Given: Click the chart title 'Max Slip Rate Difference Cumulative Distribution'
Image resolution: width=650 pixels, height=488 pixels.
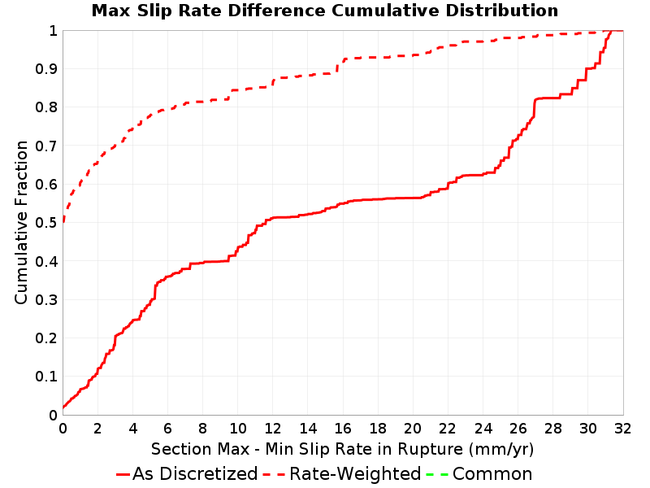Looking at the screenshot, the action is (325, 11).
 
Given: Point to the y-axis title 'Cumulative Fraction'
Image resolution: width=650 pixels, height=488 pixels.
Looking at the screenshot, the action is (21, 222).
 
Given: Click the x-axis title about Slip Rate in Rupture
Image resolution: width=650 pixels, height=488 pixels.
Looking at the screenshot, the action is (342, 450).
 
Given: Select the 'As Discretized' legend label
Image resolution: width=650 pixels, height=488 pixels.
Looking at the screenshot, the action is (195, 474).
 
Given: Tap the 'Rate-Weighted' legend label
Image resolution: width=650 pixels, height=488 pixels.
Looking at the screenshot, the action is (355, 474).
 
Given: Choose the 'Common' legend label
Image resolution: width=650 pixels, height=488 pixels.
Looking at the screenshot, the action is (492, 474).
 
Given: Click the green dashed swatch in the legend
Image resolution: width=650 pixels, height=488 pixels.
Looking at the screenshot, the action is (437, 474).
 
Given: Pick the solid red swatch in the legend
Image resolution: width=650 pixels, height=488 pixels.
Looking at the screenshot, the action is (123, 474).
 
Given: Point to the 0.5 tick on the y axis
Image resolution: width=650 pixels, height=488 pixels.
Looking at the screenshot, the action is (46, 223).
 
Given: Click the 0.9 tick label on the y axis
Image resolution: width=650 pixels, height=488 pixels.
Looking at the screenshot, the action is (46, 69).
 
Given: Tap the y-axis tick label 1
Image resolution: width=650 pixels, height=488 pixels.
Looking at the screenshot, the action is (53, 31).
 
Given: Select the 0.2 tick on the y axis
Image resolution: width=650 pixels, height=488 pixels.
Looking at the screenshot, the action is (46, 338).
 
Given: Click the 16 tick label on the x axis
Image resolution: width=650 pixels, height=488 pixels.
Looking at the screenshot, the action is (343, 429).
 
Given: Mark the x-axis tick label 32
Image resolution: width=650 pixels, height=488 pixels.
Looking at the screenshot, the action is (623, 429).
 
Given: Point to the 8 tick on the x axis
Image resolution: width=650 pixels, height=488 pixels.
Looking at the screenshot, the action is (202, 429).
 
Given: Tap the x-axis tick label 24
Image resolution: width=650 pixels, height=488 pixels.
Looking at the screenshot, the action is (483, 429).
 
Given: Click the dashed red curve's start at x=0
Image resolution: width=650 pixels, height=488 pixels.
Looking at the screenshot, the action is (63, 222).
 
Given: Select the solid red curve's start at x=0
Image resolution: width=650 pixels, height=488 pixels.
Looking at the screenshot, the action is (63, 407).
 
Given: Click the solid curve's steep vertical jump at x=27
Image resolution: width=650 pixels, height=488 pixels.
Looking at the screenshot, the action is (535, 108).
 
